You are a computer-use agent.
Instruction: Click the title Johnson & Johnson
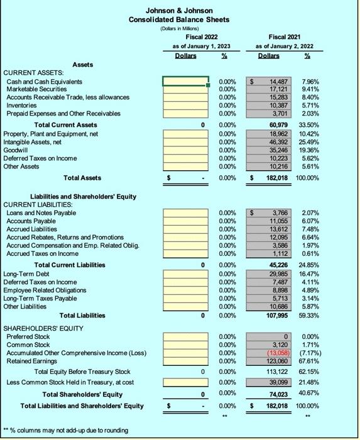(179, 11)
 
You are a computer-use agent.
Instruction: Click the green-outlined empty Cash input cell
(185, 81)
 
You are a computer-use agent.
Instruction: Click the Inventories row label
(22, 106)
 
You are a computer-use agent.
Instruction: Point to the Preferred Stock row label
(28, 336)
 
